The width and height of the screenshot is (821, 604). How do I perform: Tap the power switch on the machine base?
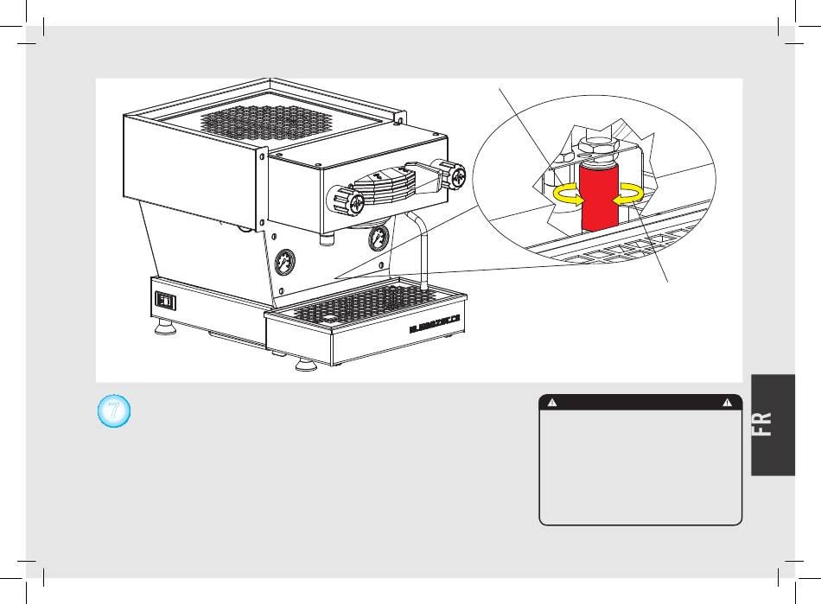165,301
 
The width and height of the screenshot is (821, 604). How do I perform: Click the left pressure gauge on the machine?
286,263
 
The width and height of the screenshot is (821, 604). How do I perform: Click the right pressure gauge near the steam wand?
378,238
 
